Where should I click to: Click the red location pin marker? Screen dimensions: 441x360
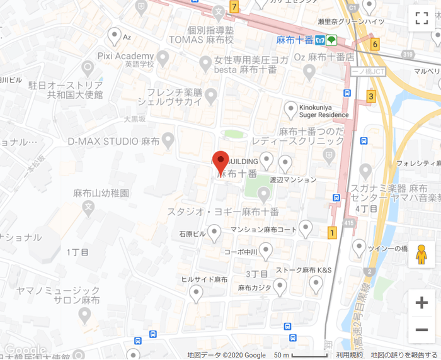click(220, 162)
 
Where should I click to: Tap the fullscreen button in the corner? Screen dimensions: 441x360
click(421, 18)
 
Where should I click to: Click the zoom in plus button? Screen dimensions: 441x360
click(421, 303)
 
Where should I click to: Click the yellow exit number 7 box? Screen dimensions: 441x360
click(234, 8)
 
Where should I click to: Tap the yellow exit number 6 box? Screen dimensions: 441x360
click(375, 44)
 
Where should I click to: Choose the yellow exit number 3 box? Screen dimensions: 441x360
click(371, 96)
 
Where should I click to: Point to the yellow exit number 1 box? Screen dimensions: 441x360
click(332, 233)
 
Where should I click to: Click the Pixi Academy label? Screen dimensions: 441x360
click(126, 55)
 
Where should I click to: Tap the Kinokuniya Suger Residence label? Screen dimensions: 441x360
click(323, 111)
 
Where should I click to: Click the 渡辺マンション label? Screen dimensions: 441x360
click(293, 179)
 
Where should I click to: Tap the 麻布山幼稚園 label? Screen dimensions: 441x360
click(101, 193)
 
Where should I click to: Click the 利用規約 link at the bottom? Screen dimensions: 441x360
click(348, 355)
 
